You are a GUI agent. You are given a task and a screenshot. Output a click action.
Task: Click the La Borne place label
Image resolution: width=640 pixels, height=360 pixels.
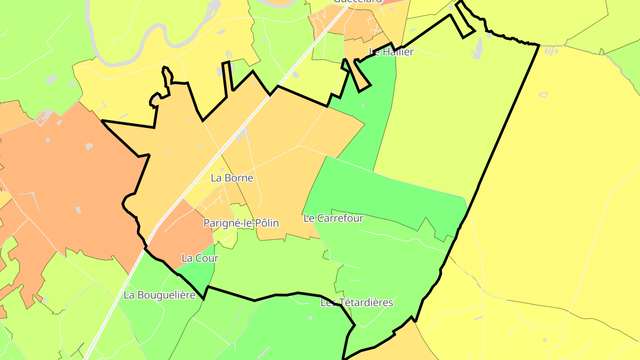(232, 178)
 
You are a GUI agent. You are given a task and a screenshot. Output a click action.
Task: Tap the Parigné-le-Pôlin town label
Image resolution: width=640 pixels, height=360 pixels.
(241, 223)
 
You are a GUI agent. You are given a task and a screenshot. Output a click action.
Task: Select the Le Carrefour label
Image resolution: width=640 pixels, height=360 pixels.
(333, 218)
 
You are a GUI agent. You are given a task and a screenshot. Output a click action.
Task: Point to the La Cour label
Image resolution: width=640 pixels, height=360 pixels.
(200, 258)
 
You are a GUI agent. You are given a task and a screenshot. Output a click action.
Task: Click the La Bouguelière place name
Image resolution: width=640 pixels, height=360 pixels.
(160, 295)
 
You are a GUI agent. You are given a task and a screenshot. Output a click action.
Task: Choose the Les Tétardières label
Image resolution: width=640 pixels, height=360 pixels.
(357, 303)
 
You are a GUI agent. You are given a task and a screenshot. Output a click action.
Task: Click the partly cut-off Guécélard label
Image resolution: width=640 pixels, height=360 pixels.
(357, 1)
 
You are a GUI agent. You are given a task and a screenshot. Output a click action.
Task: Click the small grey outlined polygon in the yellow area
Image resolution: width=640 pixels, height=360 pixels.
(543, 95)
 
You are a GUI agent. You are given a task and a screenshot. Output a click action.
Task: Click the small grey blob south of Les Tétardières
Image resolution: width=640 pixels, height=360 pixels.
(310, 318)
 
